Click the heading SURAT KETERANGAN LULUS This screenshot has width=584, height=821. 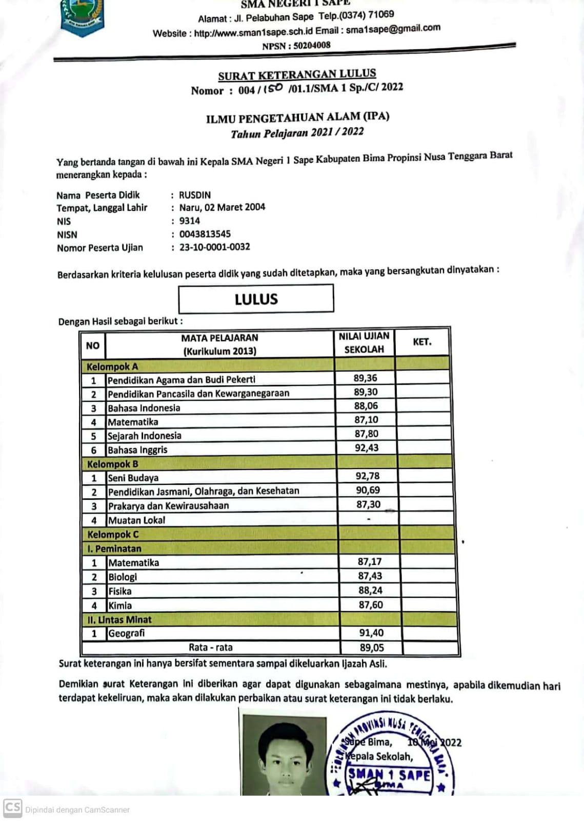pyautogui.click(x=297, y=75)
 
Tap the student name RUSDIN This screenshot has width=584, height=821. pyautogui.click(x=195, y=195)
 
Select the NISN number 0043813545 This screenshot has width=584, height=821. pyautogui.click(x=205, y=234)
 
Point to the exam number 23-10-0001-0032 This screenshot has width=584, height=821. pyautogui.click(x=215, y=247)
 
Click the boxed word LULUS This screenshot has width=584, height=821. pyautogui.click(x=256, y=299)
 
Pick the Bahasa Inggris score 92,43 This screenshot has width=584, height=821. pyautogui.click(x=367, y=448)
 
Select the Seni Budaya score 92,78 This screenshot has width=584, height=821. pyautogui.click(x=368, y=476)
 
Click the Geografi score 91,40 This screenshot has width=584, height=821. pyautogui.click(x=371, y=633)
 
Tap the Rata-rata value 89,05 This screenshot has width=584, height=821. pyautogui.click(x=372, y=648)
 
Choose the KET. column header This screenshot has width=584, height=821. pyautogui.click(x=422, y=342)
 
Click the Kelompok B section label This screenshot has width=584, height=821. pyautogui.click(x=112, y=464)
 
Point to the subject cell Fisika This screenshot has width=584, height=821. pyautogui.click(x=120, y=591)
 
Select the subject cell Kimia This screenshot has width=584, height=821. pyautogui.click(x=120, y=605)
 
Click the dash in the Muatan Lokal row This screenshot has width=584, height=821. pyautogui.click(x=368, y=519)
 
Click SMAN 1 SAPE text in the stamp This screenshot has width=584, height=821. pyautogui.click(x=389, y=774)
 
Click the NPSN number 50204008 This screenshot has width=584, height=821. pyautogui.click(x=312, y=45)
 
